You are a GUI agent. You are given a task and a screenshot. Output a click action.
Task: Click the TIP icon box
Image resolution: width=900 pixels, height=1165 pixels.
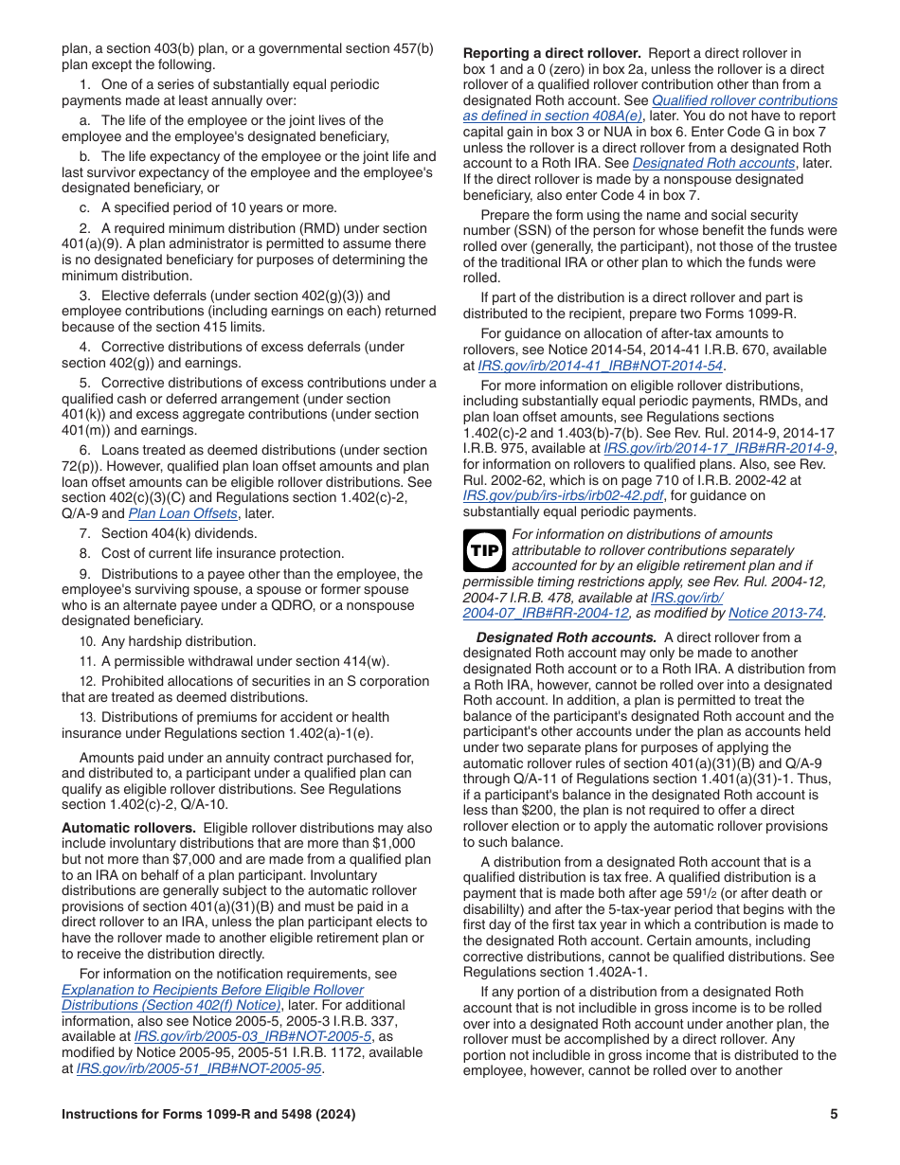point(486,550)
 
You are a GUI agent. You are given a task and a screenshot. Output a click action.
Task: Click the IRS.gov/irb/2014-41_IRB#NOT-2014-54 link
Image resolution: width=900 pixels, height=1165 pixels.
point(601,365)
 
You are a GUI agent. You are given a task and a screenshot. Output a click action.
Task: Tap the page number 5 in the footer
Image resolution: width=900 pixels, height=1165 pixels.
point(834,1115)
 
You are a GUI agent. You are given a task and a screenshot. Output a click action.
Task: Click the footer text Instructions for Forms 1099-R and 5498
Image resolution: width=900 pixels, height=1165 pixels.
point(208,1115)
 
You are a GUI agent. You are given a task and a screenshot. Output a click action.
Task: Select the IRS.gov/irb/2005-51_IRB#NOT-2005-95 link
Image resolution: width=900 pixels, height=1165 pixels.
point(199,1068)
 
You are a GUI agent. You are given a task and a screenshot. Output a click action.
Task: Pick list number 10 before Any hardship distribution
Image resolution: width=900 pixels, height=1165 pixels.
point(87,641)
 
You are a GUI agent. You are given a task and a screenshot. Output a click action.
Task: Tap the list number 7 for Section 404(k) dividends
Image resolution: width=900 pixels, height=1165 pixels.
point(85,533)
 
